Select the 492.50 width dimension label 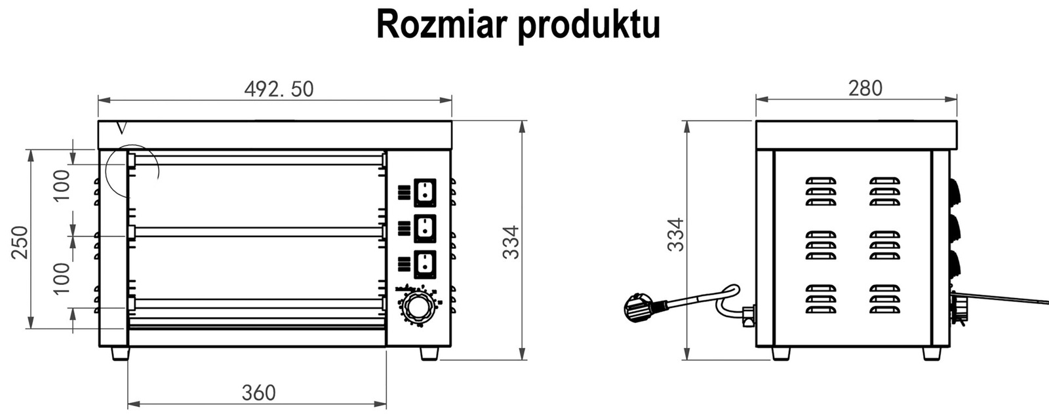pos(279,88)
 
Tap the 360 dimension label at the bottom pos(258,392)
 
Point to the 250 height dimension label pos(20,242)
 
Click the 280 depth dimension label pos(865,88)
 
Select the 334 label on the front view pos(511,242)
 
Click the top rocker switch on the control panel pos(425,192)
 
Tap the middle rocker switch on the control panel pos(425,227)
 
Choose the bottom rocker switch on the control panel pos(425,263)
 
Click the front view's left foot pos(120,353)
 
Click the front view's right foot pos(429,353)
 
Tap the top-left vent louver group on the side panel pos(820,191)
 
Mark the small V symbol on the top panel pos(120,128)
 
